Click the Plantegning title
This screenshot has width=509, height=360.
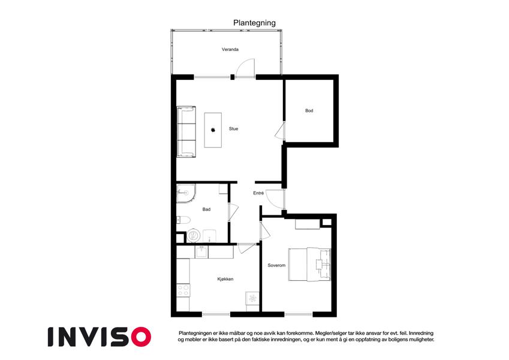[x=254, y=23]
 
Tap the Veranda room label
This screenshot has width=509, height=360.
[x=230, y=49]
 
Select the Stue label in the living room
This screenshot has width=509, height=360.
[x=233, y=128]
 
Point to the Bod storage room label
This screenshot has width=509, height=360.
[x=309, y=110]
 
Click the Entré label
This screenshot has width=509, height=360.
[x=258, y=193]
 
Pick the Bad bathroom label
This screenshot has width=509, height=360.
[x=206, y=209]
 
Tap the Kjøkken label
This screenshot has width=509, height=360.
[x=225, y=279]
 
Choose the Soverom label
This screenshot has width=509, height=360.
[x=276, y=265]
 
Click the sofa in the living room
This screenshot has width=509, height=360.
[x=186, y=131]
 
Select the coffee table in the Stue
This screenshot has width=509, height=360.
[x=213, y=130]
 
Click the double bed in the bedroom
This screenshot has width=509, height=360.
[x=309, y=264]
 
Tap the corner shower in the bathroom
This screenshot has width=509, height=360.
[x=186, y=193]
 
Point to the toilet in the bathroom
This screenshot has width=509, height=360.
[x=183, y=220]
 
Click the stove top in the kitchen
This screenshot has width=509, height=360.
[x=183, y=290]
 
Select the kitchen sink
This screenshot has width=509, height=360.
[x=201, y=252]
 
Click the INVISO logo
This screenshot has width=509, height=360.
[x=100, y=337]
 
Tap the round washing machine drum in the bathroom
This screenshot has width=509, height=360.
[x=194, y=235]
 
